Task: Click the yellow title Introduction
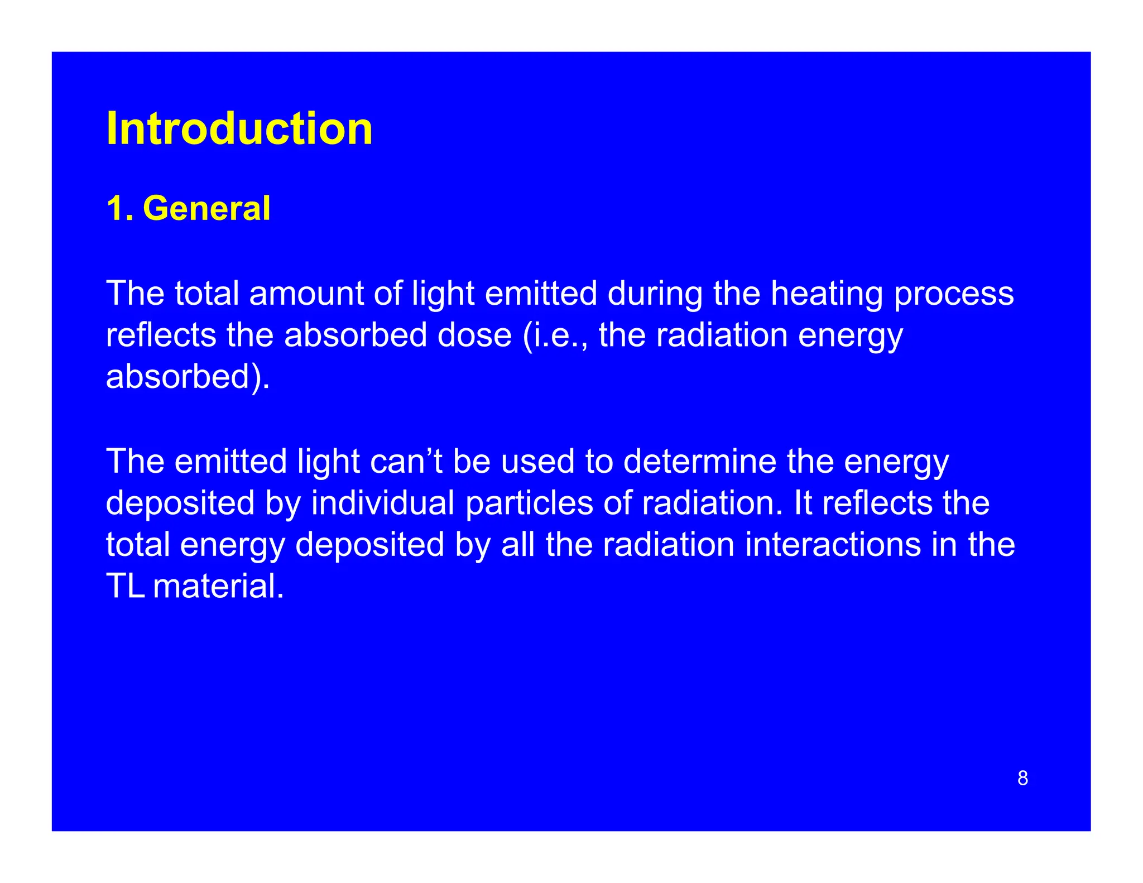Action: pyautogui.click(x=239, y=129)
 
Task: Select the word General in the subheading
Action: pyautogui.click(x=206, y=209)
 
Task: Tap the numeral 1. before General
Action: pyautogui.click(x=119, y=209)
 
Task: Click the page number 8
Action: pyautogui.click(x=1022, y=778)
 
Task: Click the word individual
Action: pyautogui.click(x=383, y=503)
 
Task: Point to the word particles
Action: pyautogui.click(x=529, y=503)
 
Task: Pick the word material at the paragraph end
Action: pyautogui.click(x=218, y=587)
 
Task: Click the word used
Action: pyautogui.click(x=537, y=462)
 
